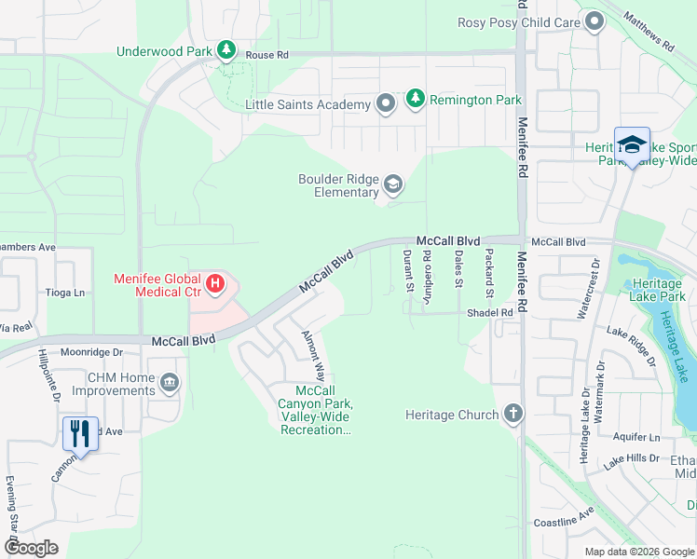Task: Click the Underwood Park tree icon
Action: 225,49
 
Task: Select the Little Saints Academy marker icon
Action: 386,104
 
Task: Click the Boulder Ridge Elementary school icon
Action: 393,185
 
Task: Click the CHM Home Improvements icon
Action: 170,383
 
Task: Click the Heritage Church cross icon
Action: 512,415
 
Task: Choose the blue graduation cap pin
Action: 632,145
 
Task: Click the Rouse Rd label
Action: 266,55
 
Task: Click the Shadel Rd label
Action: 490,313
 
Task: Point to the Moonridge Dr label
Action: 91,353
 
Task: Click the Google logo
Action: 31,548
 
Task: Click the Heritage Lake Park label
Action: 658,290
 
